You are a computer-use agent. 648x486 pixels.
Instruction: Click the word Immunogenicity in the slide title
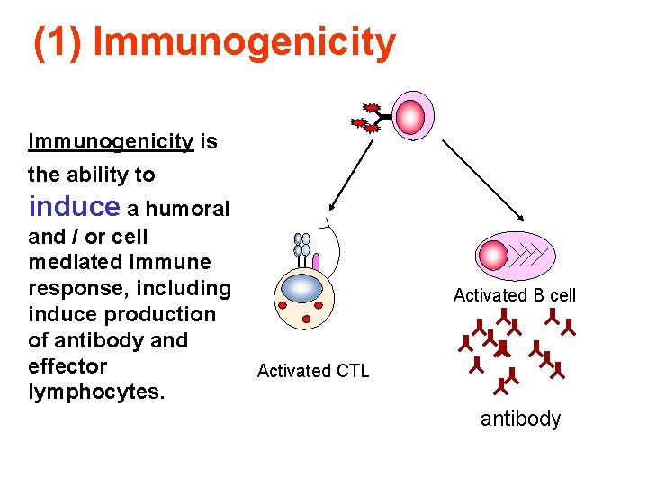[244, 42]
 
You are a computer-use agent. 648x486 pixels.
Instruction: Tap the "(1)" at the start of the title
[59, 42]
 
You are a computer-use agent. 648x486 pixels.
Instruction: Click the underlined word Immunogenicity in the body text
[111, 142]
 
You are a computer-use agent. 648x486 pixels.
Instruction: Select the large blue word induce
[74, 207]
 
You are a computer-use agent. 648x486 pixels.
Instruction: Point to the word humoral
[188, 210]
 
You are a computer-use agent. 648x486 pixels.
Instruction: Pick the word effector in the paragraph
[67, 366]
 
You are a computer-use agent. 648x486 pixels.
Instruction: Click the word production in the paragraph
[166, 315]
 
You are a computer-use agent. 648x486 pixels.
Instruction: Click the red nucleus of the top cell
[410, 117]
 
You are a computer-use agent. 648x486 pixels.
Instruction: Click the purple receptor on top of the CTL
[316, 261]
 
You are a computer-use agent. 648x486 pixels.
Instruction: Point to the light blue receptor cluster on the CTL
[302, 245]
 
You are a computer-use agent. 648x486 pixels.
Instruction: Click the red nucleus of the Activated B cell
[493, 255]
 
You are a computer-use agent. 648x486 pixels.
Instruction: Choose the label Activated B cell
[514, 295]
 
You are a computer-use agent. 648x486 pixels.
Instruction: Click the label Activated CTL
[312, 371]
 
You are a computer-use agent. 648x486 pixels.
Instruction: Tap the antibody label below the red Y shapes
[520, 419]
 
